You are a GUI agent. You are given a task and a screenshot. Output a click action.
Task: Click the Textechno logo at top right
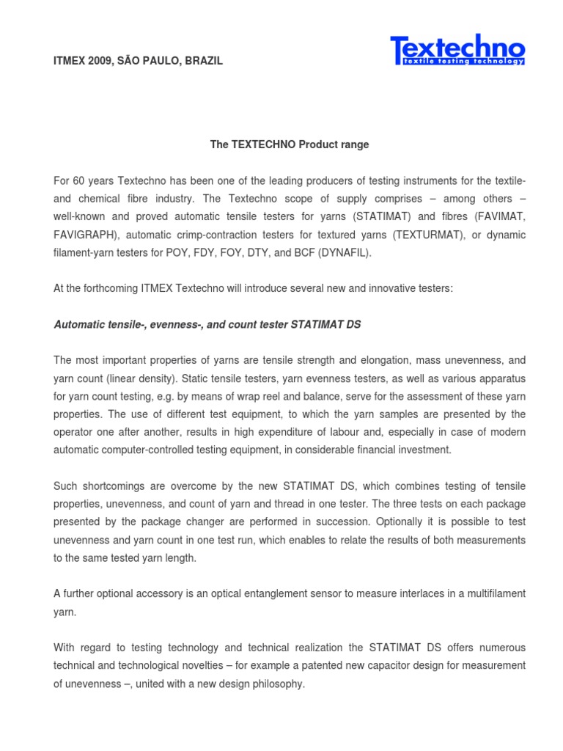(x=457, y=51)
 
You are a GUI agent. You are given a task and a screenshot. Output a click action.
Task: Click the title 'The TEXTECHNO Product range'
(x=290, y=144)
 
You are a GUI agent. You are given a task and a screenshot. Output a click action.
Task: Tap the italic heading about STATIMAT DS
(x=207, y=324)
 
